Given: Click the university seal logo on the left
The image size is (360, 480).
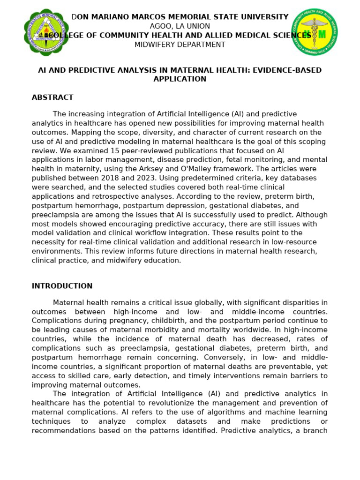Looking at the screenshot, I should tap(46, 32).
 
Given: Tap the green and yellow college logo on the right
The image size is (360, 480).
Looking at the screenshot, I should tap(314, 32).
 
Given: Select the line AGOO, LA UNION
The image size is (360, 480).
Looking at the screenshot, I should tap(180, 26).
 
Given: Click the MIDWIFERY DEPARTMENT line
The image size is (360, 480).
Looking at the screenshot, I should tap(180, 45).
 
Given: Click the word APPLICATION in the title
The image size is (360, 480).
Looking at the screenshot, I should tap(180, 79).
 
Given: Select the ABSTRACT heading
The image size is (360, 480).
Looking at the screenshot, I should tap(52, 97).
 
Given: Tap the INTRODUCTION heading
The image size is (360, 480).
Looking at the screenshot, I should tap(62, 286).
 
